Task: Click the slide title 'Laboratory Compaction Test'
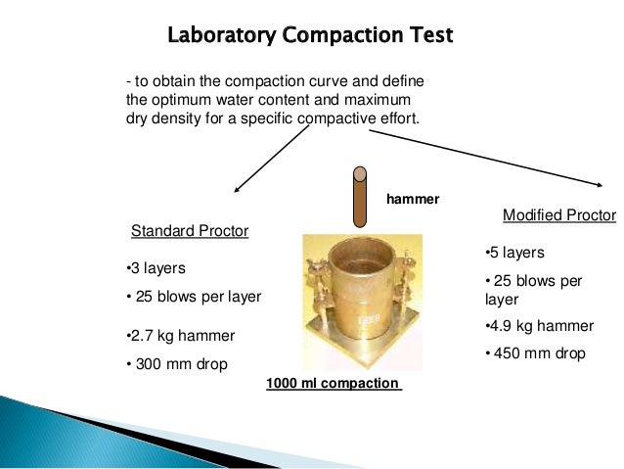[310, 37]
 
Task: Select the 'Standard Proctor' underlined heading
[190, 231]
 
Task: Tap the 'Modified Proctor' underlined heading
[558, 214]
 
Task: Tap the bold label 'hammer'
[413, 199]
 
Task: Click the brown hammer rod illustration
[360, 195]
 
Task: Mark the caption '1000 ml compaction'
[334, 383]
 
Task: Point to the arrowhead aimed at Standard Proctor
[237, 188]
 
